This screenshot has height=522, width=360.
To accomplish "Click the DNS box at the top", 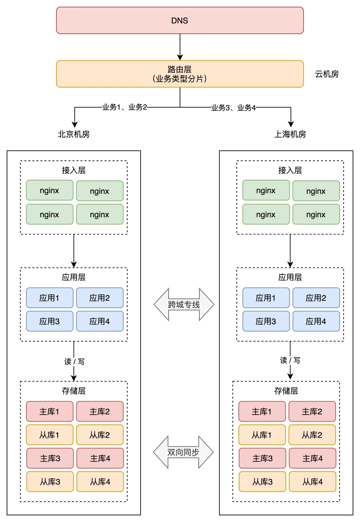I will click(x=180, y=20).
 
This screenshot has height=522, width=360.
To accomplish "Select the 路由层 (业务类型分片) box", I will click(x=180, y=74).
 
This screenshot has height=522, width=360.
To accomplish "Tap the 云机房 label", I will click(x=327, y=74).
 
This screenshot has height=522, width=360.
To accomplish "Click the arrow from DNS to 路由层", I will click(x=180, y=47).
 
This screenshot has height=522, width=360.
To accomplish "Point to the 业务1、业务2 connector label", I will click(x=124, y=107).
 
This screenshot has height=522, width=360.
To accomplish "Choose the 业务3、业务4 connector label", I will click(x=233, y=107).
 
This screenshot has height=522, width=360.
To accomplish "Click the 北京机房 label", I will click(x=74, y=134).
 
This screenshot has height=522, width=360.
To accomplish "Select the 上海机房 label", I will click(x=290, y=134).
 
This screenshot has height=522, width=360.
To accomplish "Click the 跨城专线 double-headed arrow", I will click(x=184, y=305).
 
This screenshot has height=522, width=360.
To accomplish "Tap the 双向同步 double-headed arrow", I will click(x=183, y=452).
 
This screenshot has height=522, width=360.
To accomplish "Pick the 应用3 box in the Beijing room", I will click(x=49, y=321).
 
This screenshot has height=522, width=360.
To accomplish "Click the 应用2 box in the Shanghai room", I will click(x=316, y=298).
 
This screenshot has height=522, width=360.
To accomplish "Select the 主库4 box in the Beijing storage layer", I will click(x=100, y=458).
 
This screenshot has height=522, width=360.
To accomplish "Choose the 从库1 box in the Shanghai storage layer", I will click(x=262, y=435).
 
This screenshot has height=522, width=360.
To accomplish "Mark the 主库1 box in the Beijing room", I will click(x=49, y=412).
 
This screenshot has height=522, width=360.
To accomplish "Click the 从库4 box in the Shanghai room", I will click(x=312, y=482).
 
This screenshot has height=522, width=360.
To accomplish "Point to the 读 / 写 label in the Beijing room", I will click(x=74, y=362).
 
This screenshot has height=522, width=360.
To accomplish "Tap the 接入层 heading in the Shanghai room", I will click(x=290, y=170).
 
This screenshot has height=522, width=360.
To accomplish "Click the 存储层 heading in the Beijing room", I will click(x=74, y=391).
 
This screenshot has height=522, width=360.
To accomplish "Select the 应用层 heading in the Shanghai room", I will click(x=290, y=277).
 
